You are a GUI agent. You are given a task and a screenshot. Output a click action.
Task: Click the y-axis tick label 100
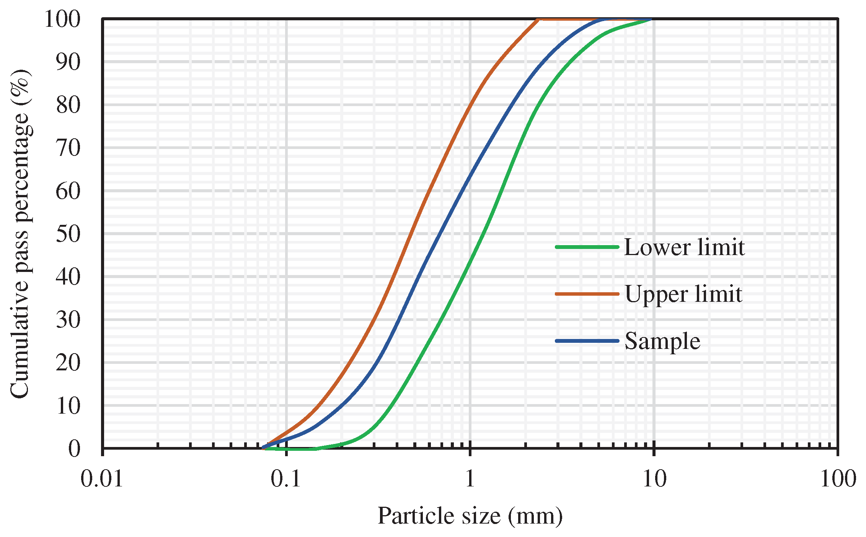click(62, 19)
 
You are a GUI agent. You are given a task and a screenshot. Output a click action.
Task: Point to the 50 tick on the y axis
click(68, 234)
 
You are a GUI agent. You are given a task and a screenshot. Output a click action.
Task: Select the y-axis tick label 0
click(75, 449)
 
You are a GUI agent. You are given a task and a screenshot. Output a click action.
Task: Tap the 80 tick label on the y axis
click(68, 105)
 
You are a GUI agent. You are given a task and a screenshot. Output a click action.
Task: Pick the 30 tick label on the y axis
click(68, 319)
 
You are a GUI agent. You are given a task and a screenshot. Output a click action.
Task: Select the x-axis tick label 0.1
click(286, 479)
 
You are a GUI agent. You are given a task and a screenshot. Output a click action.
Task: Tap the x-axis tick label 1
click(470, 479)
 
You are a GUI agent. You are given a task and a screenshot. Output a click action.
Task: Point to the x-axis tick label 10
click(654, 479)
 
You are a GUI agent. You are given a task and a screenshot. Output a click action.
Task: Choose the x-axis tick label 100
click(838, 479)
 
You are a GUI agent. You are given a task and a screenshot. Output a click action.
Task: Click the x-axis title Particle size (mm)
click(470, 516)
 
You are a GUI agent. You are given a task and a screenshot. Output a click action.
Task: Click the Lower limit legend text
click(684, 247)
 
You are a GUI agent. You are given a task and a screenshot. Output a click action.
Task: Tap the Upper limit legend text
click(683, 294)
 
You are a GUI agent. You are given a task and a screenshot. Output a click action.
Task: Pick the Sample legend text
click(662, 341)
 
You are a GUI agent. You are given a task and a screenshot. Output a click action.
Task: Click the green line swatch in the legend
click(587, 247)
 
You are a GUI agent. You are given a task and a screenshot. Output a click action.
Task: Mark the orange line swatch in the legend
click(587, 294)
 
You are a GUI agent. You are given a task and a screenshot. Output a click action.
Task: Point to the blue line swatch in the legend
click(587, 341)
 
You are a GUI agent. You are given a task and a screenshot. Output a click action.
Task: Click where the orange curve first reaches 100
click(539, 19)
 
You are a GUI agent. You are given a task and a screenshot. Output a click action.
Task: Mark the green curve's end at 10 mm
click(651, 19)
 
